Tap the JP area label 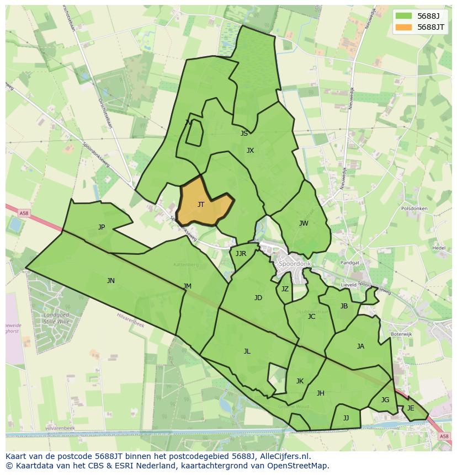102,227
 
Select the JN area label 111,281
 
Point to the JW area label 304,223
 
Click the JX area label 250,151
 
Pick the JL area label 247,351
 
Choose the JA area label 360,346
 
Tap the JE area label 411,408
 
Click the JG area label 385,400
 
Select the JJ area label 346,418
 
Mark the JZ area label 285,289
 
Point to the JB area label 344,306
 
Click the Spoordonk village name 295,264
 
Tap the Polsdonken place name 415,209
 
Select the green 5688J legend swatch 403,16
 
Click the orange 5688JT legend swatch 403,27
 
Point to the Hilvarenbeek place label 61,428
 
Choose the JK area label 300,381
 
